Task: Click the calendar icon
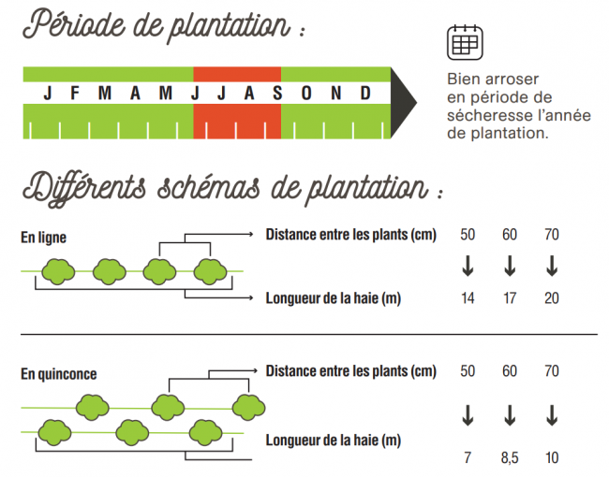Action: [465, 42]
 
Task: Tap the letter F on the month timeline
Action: [75, 94]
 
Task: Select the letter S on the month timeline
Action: [277, 94]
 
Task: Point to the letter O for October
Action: [306, 94]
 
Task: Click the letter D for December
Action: [365, 94]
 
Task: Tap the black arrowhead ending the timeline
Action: [402, 103]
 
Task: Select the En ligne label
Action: [43, 238]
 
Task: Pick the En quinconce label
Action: [59, 374]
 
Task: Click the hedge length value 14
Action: [468, 298]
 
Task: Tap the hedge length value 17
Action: [510, 298]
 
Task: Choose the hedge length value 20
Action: [552, 298]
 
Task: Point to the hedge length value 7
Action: [468, 458]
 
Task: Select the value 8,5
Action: [510, 458]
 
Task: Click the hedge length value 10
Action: [552, 458]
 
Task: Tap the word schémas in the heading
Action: [209, 188]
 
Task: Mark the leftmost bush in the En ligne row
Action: [58, 272]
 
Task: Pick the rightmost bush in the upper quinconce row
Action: [248, 408]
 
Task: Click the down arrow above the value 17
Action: [510, 266]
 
